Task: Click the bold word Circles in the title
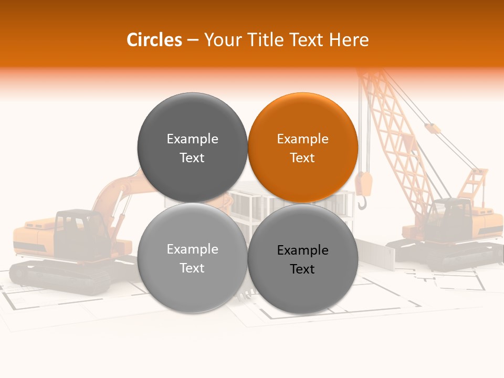[154, 40]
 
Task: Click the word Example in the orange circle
[302, 139]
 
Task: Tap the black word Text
[302, 269]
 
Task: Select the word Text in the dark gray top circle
[192, 158]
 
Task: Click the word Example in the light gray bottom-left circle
[192, 249]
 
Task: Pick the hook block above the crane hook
[363, 183]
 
